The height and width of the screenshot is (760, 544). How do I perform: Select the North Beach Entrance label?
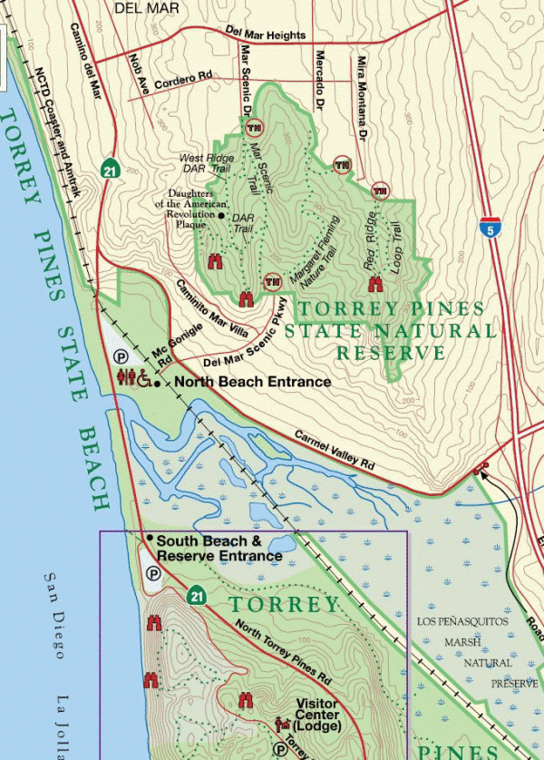(251, 382)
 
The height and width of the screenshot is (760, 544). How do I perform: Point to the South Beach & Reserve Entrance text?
(219, 548)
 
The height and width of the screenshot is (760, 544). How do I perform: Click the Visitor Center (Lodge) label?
(318, 715)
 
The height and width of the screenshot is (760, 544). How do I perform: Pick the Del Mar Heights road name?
(267, 34)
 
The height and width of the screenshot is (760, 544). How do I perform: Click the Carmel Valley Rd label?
(334, 448)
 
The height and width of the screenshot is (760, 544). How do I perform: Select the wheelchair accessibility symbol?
(145, 376)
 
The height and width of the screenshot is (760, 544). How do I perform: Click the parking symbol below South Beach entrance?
(153, 574)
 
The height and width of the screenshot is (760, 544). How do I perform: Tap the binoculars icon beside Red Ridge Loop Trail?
(374, 284)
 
